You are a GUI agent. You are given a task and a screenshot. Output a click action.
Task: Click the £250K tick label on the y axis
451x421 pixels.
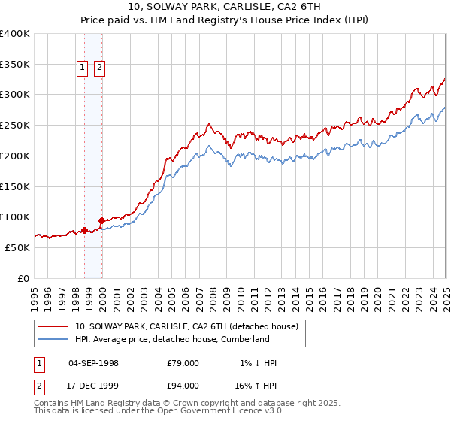15,125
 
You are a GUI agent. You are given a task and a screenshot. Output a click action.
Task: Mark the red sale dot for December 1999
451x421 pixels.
102,221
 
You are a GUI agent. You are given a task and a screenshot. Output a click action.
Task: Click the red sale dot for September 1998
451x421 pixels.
84,230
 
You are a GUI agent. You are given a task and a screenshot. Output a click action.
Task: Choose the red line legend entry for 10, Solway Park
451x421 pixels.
186,326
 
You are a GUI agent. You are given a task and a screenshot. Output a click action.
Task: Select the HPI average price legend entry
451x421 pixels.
171,339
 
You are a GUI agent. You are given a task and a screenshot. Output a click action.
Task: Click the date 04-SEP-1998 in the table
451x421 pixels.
93,363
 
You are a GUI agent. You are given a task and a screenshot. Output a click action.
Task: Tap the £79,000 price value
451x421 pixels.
183,363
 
